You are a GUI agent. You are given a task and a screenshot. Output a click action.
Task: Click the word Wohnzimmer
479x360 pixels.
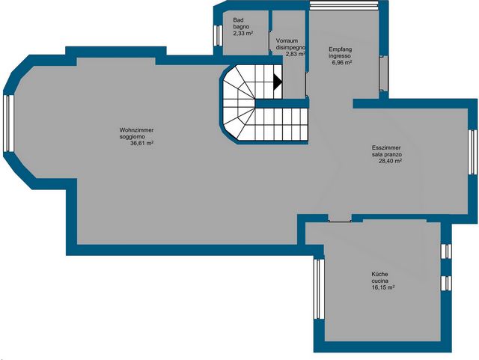pos(136,130)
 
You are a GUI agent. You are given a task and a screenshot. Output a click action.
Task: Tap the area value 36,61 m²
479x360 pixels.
pos(141,143)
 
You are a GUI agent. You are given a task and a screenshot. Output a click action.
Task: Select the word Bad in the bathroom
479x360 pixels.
pos(238,20)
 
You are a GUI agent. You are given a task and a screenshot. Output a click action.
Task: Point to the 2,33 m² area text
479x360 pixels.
pos(243,33)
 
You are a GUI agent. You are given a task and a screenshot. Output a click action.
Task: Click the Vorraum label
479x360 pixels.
pos(287,40)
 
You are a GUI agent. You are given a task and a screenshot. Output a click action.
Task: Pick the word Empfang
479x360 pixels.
pos(341,49)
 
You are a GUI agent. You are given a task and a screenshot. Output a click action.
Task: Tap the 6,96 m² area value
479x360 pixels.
pos(342,62)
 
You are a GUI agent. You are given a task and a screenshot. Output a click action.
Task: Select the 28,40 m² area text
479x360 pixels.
pos(390,161)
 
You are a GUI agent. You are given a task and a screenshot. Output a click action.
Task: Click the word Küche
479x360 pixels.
pos(379,274)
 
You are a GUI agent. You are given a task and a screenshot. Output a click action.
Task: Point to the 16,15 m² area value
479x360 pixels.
pos(383,287)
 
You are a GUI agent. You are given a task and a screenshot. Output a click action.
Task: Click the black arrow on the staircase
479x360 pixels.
pos(277,82)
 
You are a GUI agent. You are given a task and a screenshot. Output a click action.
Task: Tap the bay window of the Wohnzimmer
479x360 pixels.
pos(8,123)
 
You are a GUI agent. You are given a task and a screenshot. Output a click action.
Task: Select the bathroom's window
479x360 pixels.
pos(218,35)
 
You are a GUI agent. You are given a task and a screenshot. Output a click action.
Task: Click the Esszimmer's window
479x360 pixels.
pos(473,152)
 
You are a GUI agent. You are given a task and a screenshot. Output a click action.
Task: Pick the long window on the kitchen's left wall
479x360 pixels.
pos(319,289)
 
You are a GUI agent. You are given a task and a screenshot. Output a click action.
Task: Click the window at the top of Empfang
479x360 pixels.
pos(344,5)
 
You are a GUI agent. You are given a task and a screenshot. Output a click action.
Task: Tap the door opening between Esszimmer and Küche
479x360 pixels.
pos(340,219)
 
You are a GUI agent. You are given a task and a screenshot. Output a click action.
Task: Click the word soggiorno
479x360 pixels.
pos(132,137)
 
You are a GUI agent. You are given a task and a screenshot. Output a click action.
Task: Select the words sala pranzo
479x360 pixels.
pos(386,154)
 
